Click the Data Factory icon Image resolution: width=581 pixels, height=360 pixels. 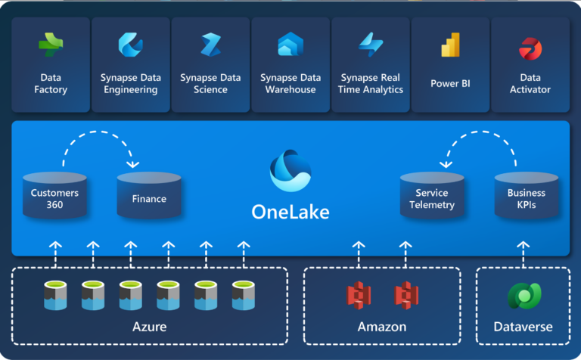tap(51, 45)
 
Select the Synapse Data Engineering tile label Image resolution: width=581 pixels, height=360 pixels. tap(130, 83)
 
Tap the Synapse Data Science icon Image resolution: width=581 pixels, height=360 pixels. tap(210, 45)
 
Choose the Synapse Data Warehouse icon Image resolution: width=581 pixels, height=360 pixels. tap(290, 45)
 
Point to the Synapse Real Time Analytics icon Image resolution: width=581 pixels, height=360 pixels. tap(371, 45)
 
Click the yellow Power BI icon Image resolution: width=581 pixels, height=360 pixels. tap(450, 45)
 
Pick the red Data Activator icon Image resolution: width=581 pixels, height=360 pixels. tap(530, 48)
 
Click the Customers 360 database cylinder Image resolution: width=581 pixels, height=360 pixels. tap(54, 197)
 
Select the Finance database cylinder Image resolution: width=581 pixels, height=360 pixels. tap(149, 198)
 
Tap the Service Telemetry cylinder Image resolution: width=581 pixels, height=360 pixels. tap(432, 198)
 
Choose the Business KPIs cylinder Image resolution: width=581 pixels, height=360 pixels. tap(527, 197)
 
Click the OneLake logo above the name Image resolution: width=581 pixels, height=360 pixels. tap(290, 171)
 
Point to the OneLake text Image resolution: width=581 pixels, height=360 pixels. tap(290, 212)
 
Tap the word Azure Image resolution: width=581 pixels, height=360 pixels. tap(149, 327)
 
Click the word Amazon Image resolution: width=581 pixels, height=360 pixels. tap(381, 327)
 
